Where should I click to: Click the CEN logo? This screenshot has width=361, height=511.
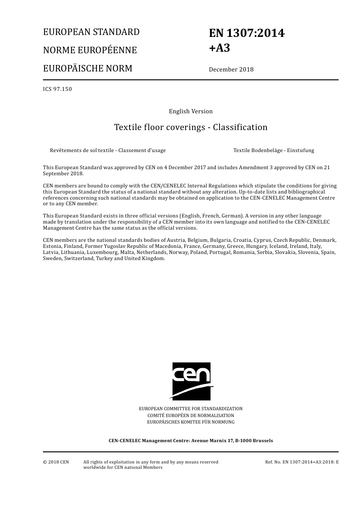point(191,381)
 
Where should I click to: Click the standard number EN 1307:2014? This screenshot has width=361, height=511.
point(246,33)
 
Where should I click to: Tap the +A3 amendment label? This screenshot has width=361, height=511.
point(219,48)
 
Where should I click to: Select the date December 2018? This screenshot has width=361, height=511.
point(231,70)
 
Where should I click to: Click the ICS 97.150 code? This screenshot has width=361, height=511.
point(57,89)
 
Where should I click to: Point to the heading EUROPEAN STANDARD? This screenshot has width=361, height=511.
point(91,32)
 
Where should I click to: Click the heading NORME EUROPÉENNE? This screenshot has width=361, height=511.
point(90,50)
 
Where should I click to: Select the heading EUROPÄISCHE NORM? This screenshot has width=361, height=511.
point(87,68)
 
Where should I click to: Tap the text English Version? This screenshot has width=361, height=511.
point(191,111)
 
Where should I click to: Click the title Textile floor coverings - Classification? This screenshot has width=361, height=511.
point(191,127)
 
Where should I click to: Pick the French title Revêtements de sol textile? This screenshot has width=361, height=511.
point(108,150)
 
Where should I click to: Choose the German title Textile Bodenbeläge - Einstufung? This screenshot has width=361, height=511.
point(274,150)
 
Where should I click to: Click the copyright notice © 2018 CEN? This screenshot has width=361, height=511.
point(56,462)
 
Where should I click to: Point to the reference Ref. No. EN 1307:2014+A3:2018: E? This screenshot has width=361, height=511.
point(302,462)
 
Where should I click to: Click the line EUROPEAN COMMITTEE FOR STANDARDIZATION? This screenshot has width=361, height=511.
point(191,409)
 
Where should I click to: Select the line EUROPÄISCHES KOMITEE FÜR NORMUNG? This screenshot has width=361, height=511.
point(191,422)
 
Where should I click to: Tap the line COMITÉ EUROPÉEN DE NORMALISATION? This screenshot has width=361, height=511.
point(191,415)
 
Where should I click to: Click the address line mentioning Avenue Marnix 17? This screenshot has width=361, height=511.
point(191,441)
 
